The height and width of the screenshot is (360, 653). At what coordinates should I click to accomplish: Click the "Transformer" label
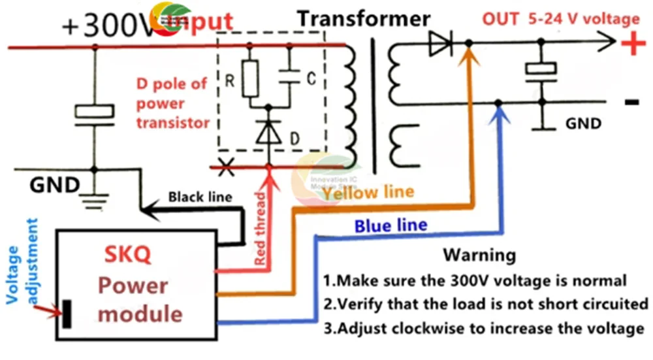click(364, 19)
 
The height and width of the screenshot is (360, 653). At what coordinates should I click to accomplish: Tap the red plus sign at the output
click(631, 44)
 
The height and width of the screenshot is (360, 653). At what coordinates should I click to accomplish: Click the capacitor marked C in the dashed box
click(291, 78)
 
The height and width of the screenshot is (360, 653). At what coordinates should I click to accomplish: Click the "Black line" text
click(200, 196)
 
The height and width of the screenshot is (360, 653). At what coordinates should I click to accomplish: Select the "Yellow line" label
click(368, 192)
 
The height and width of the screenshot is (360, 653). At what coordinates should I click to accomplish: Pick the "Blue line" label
click(390, 226)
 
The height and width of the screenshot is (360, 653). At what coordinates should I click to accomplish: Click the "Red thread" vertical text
click(260, 229)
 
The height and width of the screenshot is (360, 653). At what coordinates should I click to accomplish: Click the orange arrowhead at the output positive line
click(468, 59)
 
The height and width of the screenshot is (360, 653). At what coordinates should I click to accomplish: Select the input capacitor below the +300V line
click(95, 112)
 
